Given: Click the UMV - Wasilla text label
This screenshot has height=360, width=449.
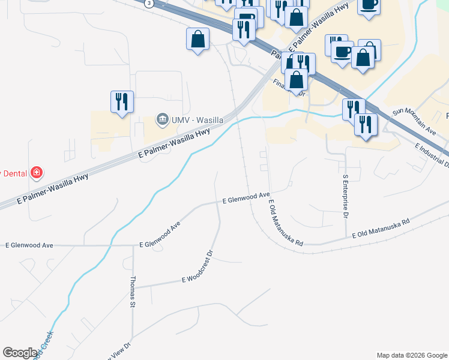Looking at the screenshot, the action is pyautogui.click(x=198, y=120).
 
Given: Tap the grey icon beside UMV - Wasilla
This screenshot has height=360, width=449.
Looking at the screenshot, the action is pyautogui.click(x=162, y=120).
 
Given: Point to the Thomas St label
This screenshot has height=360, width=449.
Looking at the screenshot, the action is pyautogui.click(x=133, y=292).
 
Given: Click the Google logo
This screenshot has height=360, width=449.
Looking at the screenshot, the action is pyautogui.click(x=20, y=353).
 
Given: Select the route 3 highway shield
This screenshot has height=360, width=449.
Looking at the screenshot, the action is pyautogui.click(x=148, y=2).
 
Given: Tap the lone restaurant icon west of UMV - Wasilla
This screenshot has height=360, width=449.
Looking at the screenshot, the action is pyautogui.click(x=122, y=101).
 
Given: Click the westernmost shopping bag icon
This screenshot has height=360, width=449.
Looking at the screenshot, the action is pyautogui.click(x=197, y=39).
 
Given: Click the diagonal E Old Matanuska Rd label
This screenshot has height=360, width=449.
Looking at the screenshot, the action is pyautogui.click(x=286, y=223).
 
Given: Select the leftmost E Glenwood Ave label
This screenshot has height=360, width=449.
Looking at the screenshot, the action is pyautogui.click(x=29, y=245).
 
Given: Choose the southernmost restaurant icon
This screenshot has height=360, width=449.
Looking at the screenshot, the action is pyautogui.click(x=366, y=124).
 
